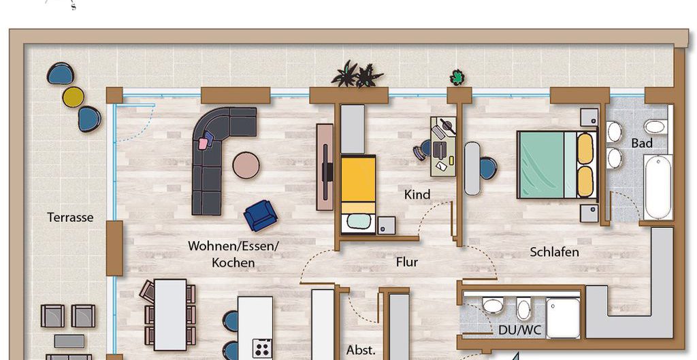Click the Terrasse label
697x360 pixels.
(x=70, y=217)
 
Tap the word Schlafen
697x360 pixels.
(x=554, y=252)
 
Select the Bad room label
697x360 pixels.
(x=642, y=143)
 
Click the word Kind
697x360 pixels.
(x=417, y=194)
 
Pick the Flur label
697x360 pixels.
(x=407, y=262)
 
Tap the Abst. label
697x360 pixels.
(x=361, y=350)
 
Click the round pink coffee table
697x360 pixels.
(x=246, y=165)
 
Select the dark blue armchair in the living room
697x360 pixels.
(x=261, y=216)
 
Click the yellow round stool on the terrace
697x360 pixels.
(x=73, y=97)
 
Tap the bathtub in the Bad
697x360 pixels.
(x=658, y=186)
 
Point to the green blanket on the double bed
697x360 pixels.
(x=542, y=165)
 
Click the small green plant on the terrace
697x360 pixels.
(x=457, y=78)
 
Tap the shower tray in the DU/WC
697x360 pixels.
(x=563, y=318)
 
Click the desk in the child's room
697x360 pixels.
(x=443, y=146)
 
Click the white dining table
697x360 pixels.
(x=170, y=314)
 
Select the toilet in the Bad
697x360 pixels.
(x=655, y=127)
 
